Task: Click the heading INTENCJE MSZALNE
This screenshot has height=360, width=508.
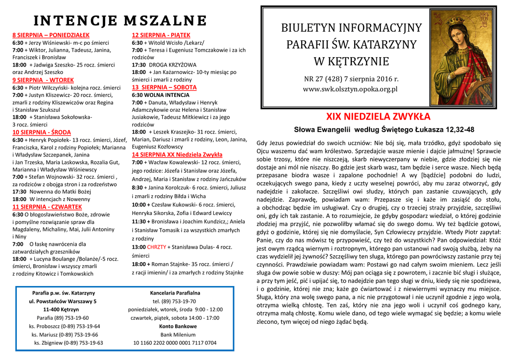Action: coord(120,21)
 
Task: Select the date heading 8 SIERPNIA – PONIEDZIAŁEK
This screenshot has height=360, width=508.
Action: coord(51,35)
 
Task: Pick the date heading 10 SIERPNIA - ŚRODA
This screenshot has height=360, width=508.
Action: coord(42,132)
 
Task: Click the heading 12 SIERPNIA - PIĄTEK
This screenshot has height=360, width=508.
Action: coord(157,35)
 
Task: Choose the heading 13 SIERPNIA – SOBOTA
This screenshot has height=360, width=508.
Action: coord(164,87)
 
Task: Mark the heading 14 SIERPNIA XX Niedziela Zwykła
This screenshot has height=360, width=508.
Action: coord(177,154)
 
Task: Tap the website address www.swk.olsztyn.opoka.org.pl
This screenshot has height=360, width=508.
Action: coord(351,89)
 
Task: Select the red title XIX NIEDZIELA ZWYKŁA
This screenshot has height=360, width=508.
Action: coord(378,117)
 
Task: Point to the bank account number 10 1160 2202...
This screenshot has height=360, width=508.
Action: coord(175,343)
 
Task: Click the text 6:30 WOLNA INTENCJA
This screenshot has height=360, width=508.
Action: coord(161,95)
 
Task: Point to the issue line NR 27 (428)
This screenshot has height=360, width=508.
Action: coord(351,79)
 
